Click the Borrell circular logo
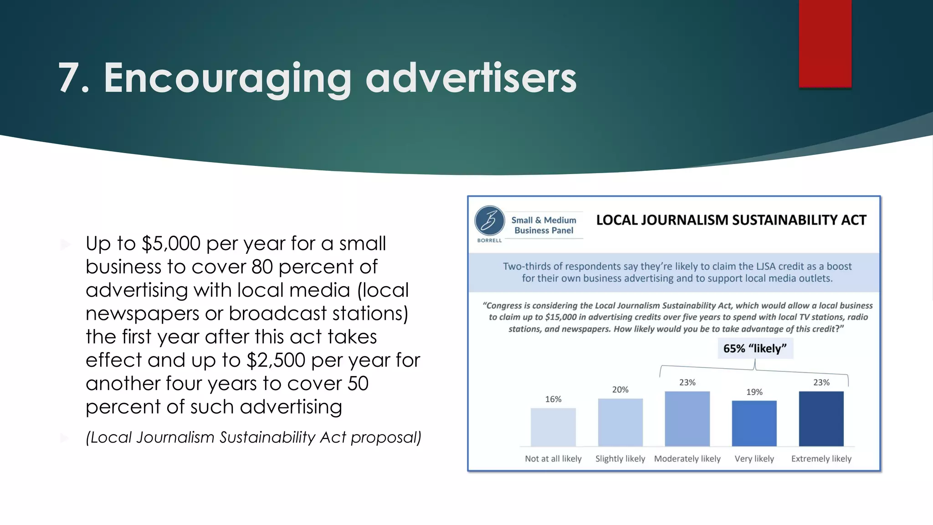(x=489, y=221)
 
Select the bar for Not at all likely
(x=553, y=427)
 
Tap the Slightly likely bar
(x=620, y=422)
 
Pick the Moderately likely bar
(x=687, y=419)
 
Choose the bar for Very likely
(x=754, y=423)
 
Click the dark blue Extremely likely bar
(x=821, y=419)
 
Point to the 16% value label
(x=553, y=399)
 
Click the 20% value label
(x=620, y=390)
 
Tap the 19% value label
(x=754, y=392)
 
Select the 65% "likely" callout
(x=755, y=349)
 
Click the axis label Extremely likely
(x=821, y=459)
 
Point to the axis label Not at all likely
(x=553, y=459)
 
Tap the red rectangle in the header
(x=825, y=43)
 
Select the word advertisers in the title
(x=471, y=78)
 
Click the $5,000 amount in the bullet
(x=171, y=244)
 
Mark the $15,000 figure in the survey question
(x=560, y=317)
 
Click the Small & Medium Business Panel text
(x=543, y=225)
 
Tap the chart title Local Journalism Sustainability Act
(x=731, y=220)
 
